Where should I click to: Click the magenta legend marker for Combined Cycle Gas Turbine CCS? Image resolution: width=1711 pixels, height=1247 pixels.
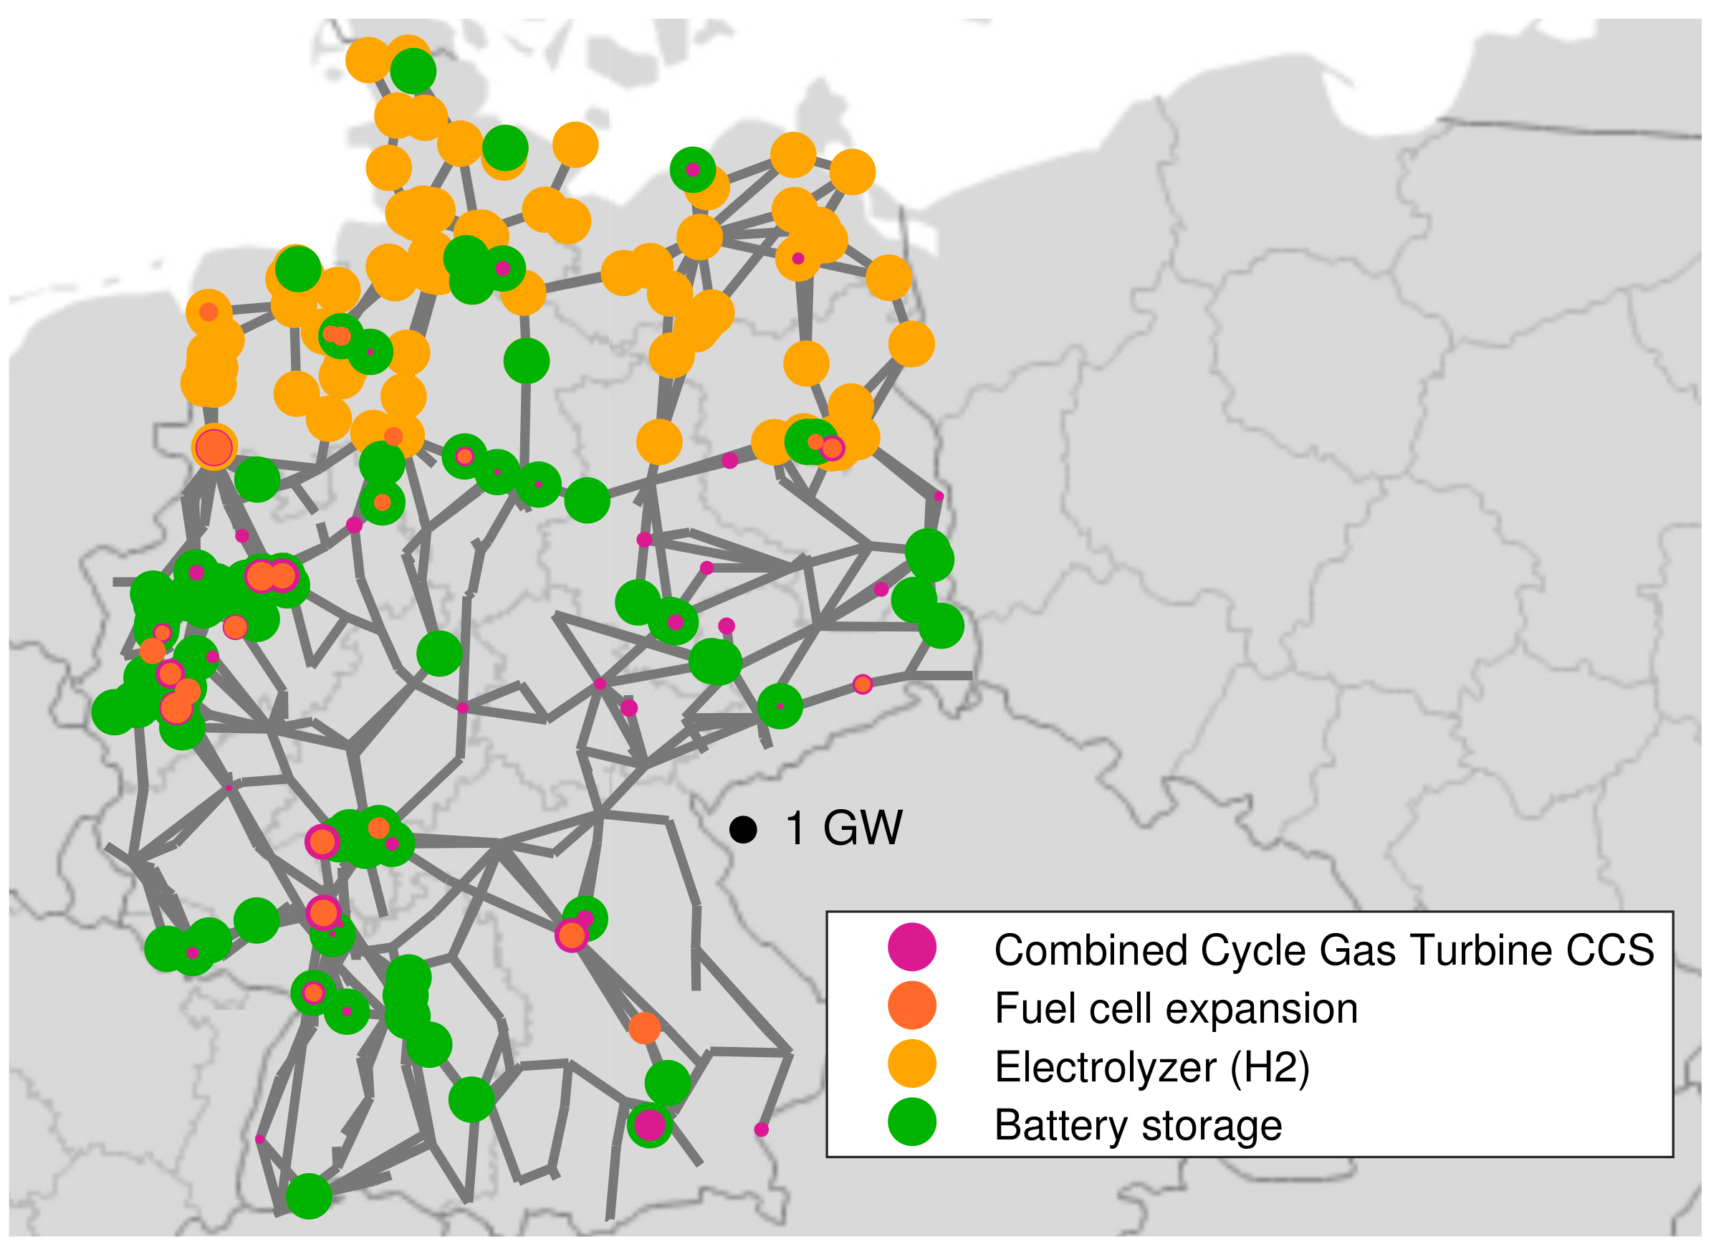[911, 947]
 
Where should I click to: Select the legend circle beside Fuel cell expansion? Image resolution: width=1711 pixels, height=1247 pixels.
[911, 1005]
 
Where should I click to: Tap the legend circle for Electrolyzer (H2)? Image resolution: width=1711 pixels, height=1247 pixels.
[911, 1064]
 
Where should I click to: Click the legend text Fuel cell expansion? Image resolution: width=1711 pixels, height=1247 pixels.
[1175, 1008]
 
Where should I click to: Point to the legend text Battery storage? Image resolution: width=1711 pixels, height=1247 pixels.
[1137, 1125]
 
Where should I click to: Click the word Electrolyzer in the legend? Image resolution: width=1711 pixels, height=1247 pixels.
[1105, 1066]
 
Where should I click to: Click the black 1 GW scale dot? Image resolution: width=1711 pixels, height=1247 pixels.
[743, 830]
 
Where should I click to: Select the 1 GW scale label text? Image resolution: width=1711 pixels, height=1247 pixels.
[843, 828]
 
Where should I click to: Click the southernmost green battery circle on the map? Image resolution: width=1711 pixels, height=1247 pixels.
[309, 1195]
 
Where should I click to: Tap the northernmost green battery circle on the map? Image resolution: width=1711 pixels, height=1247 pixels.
[413, 70]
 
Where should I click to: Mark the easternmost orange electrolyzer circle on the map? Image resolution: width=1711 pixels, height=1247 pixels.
[911, 343]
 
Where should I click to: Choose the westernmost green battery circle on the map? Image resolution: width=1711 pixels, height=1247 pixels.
[113, 711]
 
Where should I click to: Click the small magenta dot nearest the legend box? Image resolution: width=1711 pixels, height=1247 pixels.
[761, 1129]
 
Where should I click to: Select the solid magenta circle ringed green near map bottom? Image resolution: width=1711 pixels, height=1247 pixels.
[649, 1124]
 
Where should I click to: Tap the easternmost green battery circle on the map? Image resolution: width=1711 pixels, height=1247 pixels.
[941, 625]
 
